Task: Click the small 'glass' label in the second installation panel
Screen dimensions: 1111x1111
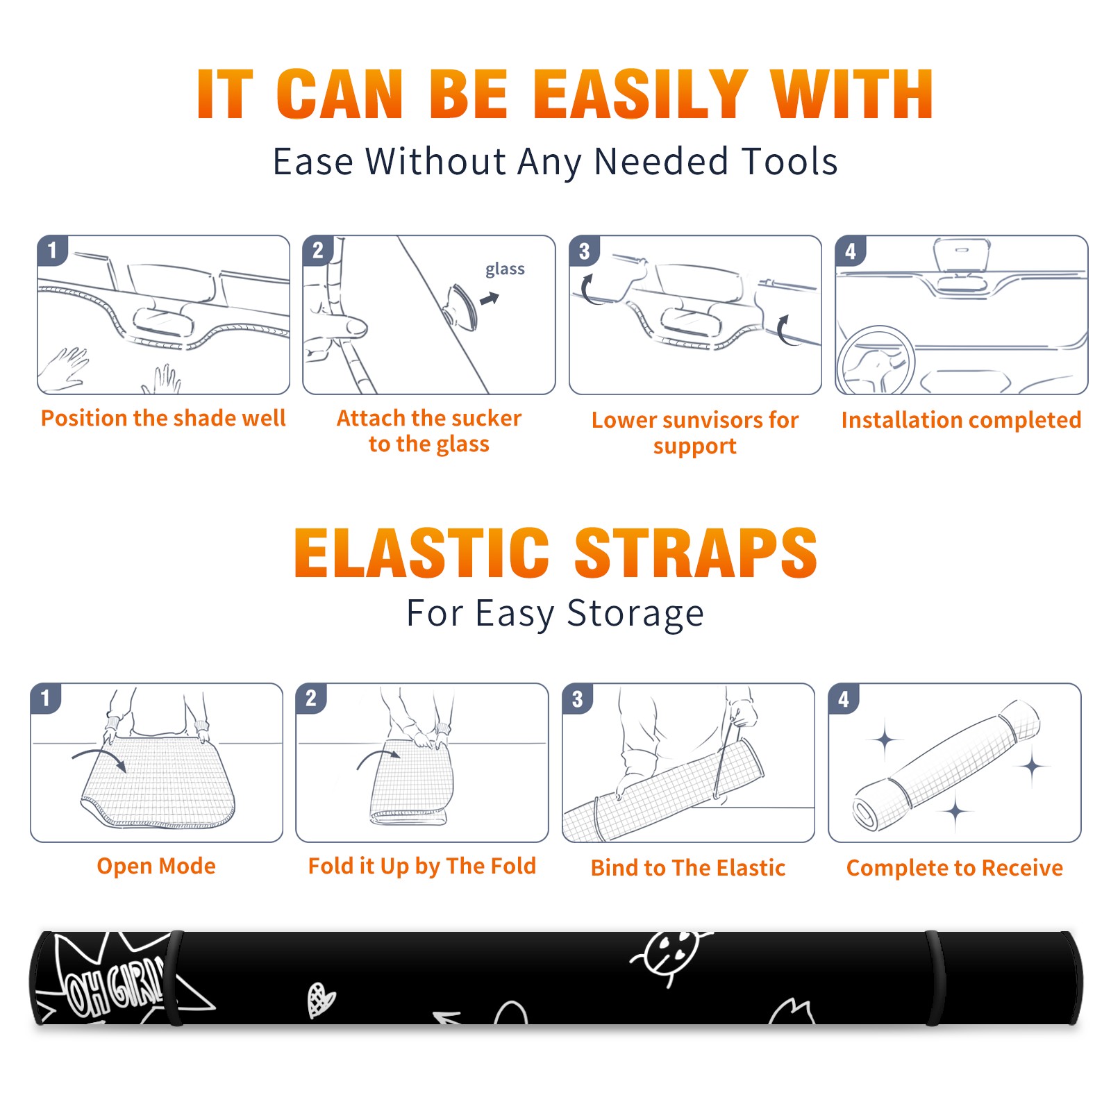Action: point(505,269)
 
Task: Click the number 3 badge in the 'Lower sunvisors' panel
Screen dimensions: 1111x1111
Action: point(584,251)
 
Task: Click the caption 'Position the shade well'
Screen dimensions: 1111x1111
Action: point(163,418)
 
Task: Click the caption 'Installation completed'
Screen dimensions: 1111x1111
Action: point(961,420)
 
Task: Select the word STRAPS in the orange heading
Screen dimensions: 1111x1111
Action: point(696,553)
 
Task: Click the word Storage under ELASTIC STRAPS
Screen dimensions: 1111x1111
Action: point(635,615)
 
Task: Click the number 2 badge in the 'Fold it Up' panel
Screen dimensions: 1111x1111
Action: point(311,698)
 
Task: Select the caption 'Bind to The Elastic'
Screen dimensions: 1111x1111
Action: point(687,868)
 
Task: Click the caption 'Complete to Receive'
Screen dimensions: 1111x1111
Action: point(954,868)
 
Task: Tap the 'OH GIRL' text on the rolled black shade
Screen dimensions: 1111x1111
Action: point(115,986)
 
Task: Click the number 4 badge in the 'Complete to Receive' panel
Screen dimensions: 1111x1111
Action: point(844,699)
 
